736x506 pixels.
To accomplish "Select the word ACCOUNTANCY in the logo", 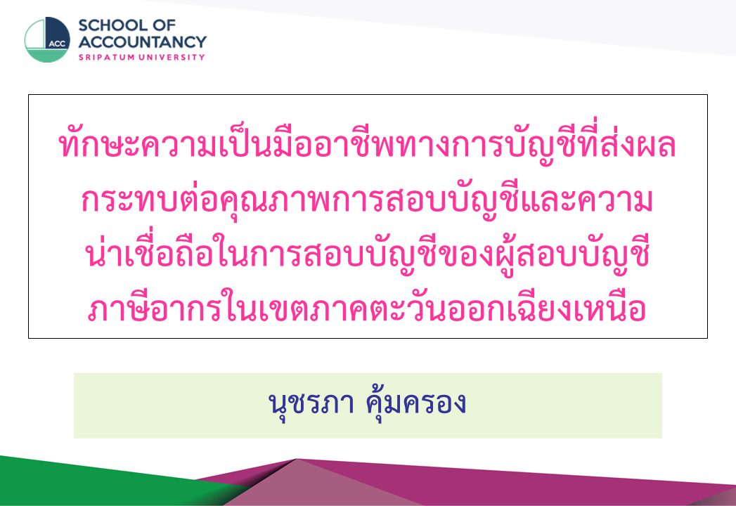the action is coord(142,41).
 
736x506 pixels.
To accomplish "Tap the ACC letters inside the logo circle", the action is coord(57,44).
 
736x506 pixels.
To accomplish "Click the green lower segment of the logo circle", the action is coord(47,55).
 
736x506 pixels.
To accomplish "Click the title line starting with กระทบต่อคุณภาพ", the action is coord(367,200).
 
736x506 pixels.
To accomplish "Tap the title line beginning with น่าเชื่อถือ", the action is coord(367,254).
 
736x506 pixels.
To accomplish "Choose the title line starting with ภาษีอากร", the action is coord(367,308).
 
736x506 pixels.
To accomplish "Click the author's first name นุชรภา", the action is coord(311,403).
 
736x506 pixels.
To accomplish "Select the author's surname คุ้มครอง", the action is coord(416,403).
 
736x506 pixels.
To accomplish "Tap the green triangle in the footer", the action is coord(94,484).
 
